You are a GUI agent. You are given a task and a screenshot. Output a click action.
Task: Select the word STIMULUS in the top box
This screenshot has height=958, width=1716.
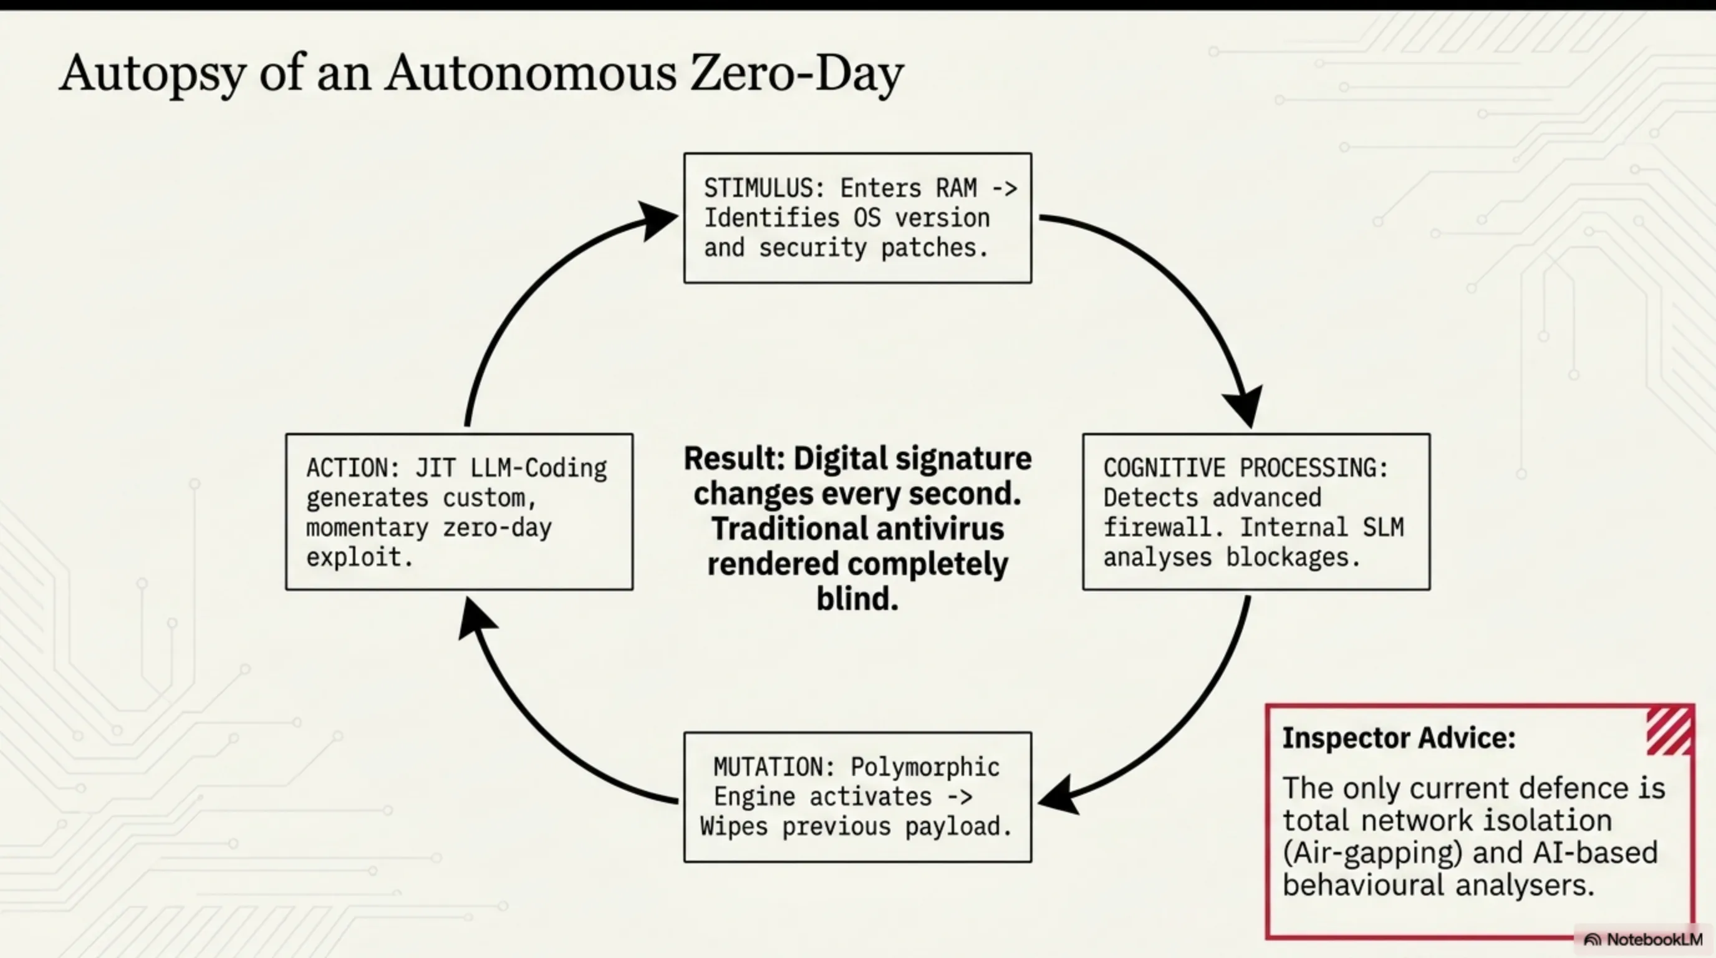click(758, 188)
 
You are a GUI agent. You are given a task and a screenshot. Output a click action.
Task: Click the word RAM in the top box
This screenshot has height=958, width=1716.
click(957, 188)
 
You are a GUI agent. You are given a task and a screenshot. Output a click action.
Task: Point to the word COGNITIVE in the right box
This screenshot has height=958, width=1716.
click(1164, 468)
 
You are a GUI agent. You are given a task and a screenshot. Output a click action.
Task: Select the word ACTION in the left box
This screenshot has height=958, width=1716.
click(347, 468)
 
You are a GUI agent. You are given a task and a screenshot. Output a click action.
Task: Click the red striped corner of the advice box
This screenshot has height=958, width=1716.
click(1669, 731)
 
